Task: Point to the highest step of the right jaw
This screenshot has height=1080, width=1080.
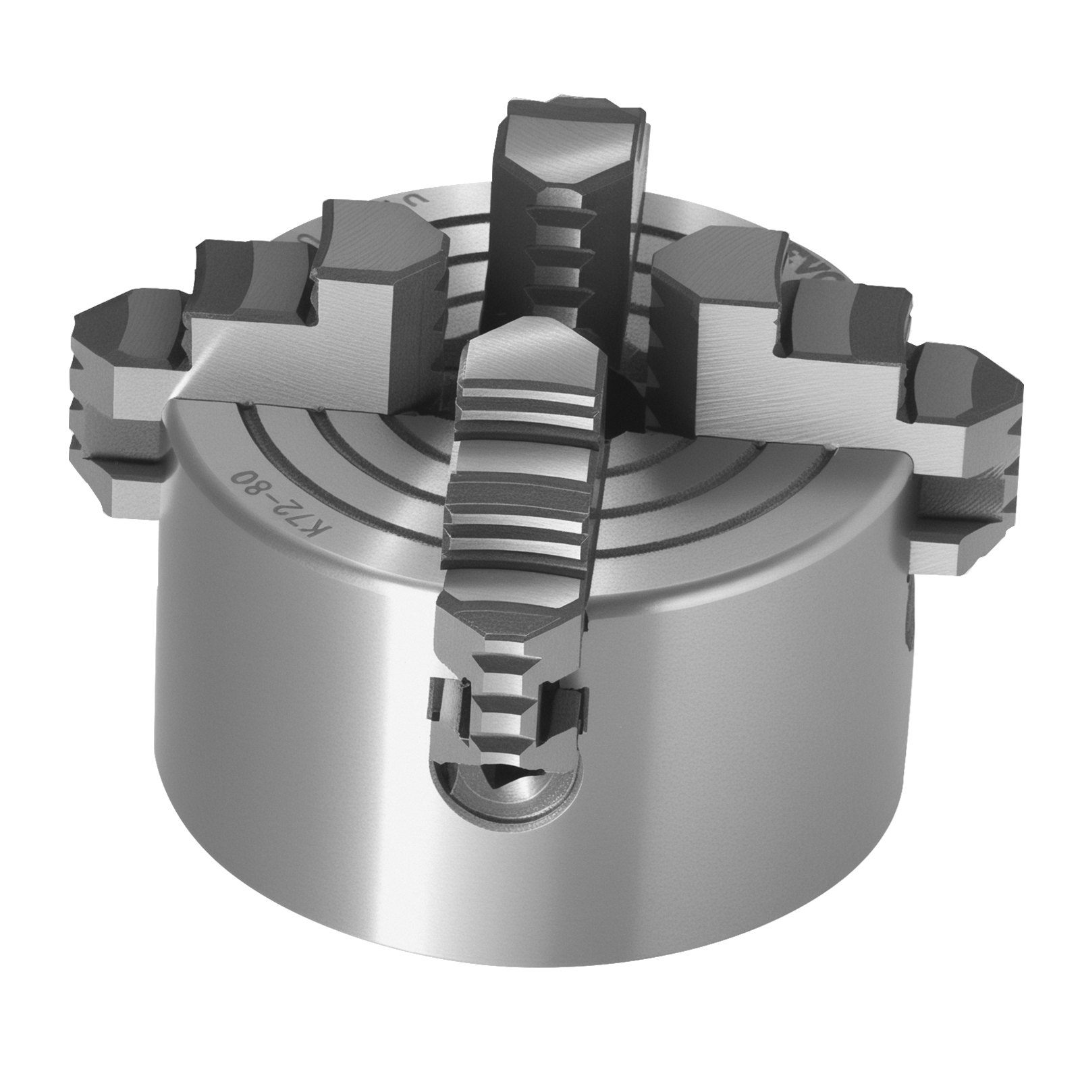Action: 715,270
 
